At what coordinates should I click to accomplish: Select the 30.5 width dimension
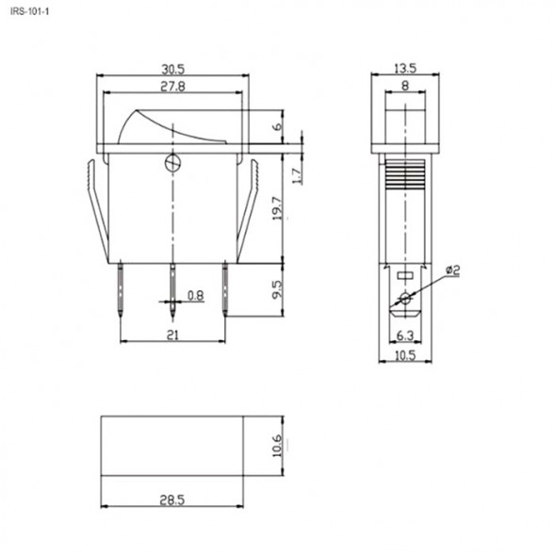(x=173, y=69)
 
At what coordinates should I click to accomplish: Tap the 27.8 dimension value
(x=171, y=86)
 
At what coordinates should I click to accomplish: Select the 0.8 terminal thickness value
(x=195, y=296)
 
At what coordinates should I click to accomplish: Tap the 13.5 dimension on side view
(x=404, y=69)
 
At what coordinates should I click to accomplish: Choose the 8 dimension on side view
(x=404, y=86)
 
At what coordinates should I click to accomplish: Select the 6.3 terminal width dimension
(x=403, y=335)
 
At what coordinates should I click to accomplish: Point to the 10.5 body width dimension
(x=403, y=354)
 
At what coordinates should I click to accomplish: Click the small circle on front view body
(x=172, y=162)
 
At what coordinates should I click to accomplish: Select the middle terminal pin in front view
(x=172, y=287)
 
